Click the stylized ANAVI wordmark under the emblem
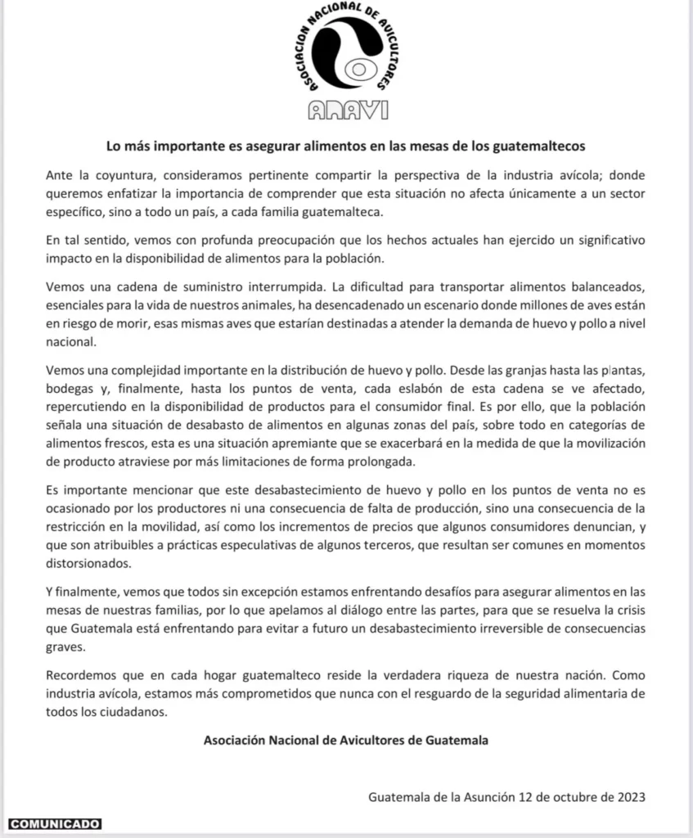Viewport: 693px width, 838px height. (x=348, y=111)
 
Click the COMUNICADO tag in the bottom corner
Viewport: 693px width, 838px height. (x=55, y=823)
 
